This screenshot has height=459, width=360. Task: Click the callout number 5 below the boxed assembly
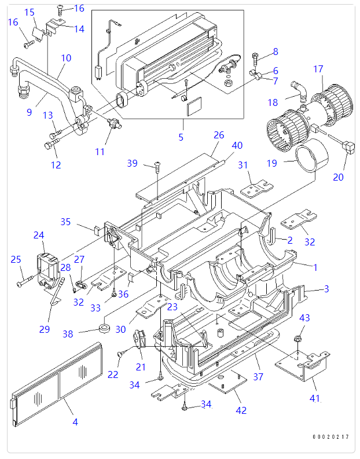181,137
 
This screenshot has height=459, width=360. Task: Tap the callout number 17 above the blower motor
318,69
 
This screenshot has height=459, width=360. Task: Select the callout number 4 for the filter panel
75,422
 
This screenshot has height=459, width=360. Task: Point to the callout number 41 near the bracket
315,398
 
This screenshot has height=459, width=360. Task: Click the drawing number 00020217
330,437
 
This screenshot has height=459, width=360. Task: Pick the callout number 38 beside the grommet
68,334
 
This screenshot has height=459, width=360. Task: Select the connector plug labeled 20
348,146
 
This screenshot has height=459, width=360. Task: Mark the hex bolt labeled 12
52,144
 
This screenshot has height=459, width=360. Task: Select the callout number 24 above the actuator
39,236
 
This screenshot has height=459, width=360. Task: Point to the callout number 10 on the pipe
66,58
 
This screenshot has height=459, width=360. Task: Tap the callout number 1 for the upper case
315,267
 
